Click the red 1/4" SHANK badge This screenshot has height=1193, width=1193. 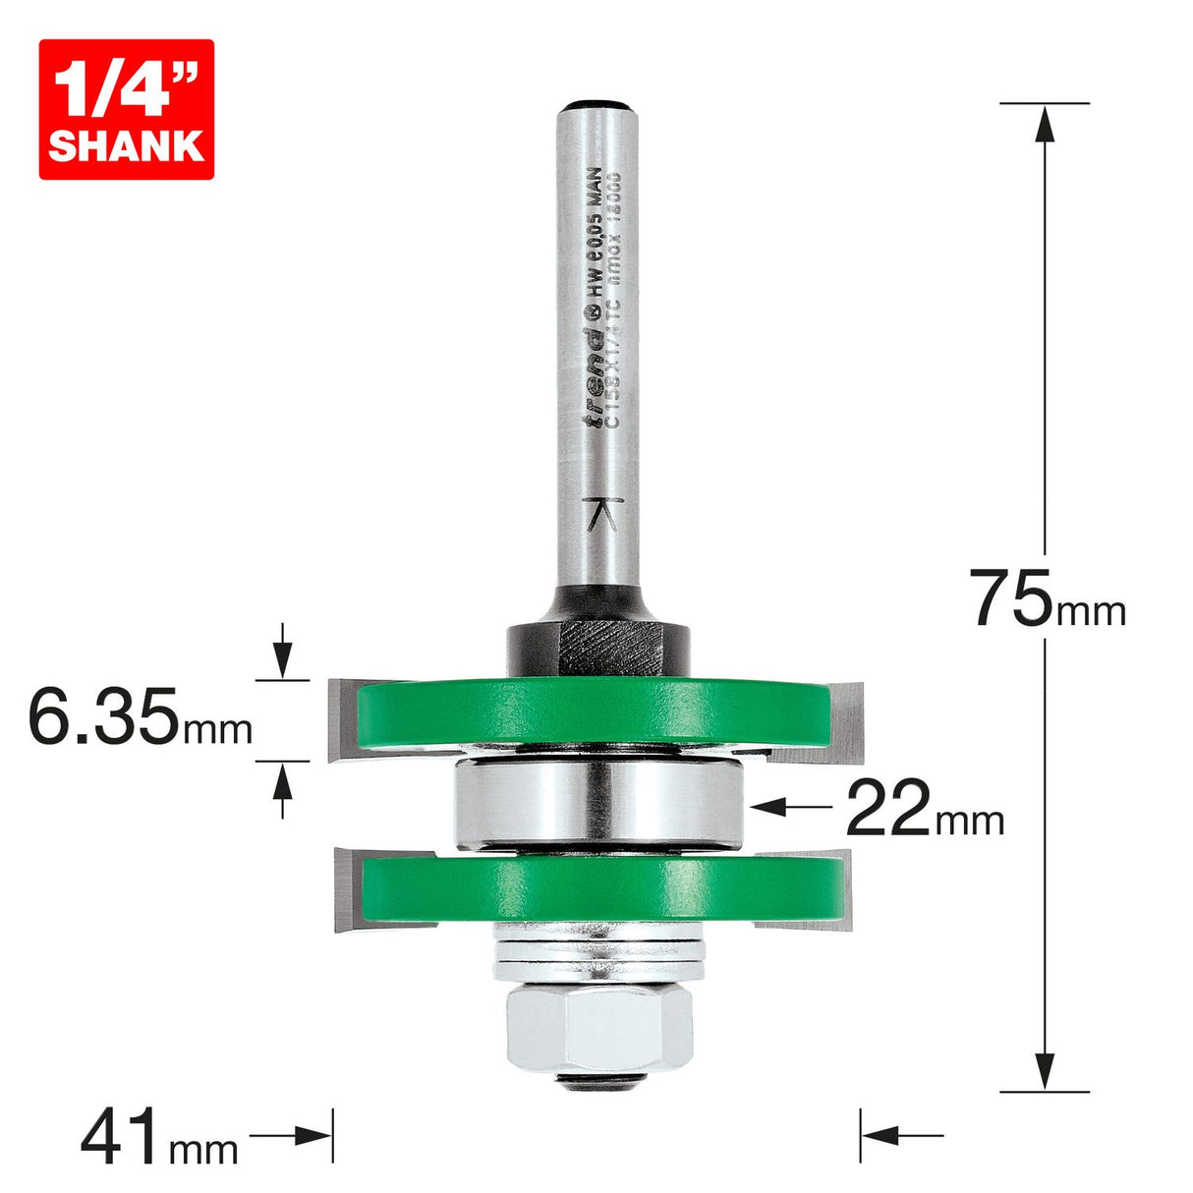tap(126, 109)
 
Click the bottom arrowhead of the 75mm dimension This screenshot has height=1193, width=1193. tap(1045, 1073)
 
